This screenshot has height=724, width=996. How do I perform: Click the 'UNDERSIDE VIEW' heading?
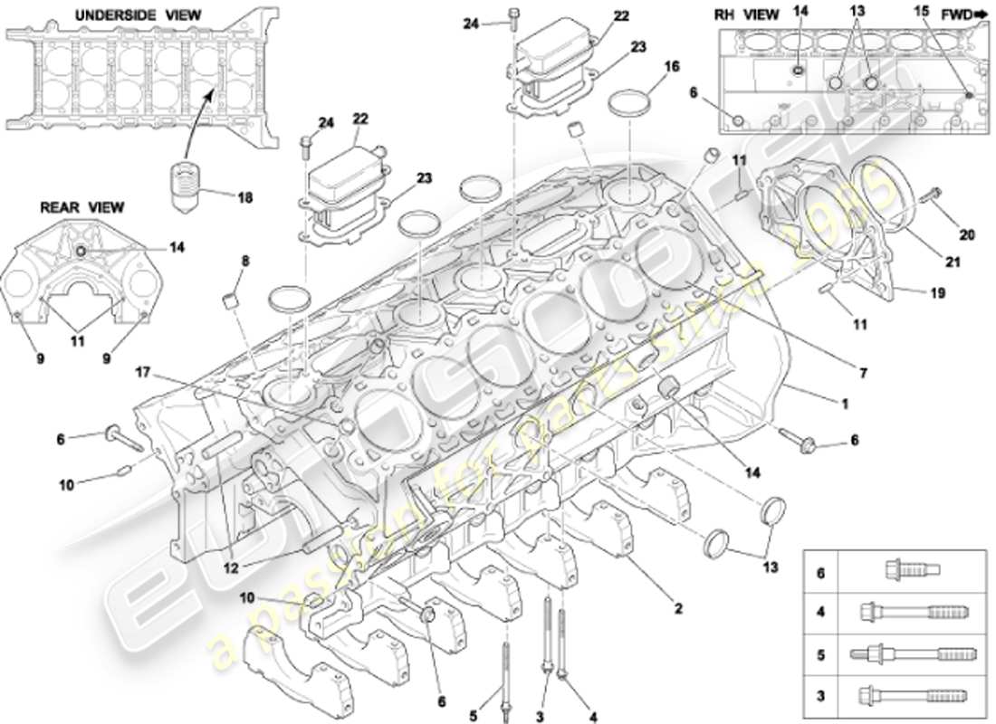pyautogui.click(x=139, y=15)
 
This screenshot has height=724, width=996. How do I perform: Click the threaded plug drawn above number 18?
pyautogui.click(x=186, y=185)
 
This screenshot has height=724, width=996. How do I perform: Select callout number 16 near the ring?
pyautogui.click(x=671, y=67)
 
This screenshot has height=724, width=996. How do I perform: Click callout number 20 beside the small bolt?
pyautogui.click(x=968, y=235)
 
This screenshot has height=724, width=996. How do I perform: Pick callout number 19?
pyautogui.click(x=936, y=292)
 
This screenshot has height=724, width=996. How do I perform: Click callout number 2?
pyautogui.click(x=676, y=609)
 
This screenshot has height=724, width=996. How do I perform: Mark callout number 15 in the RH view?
pyautogui.click(x=922, y=12)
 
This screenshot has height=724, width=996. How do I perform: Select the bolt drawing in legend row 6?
pyautogui.click(x=911, y=570)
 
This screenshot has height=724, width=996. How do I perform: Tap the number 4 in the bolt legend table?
pyautogui.click(x=820, y=612)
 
